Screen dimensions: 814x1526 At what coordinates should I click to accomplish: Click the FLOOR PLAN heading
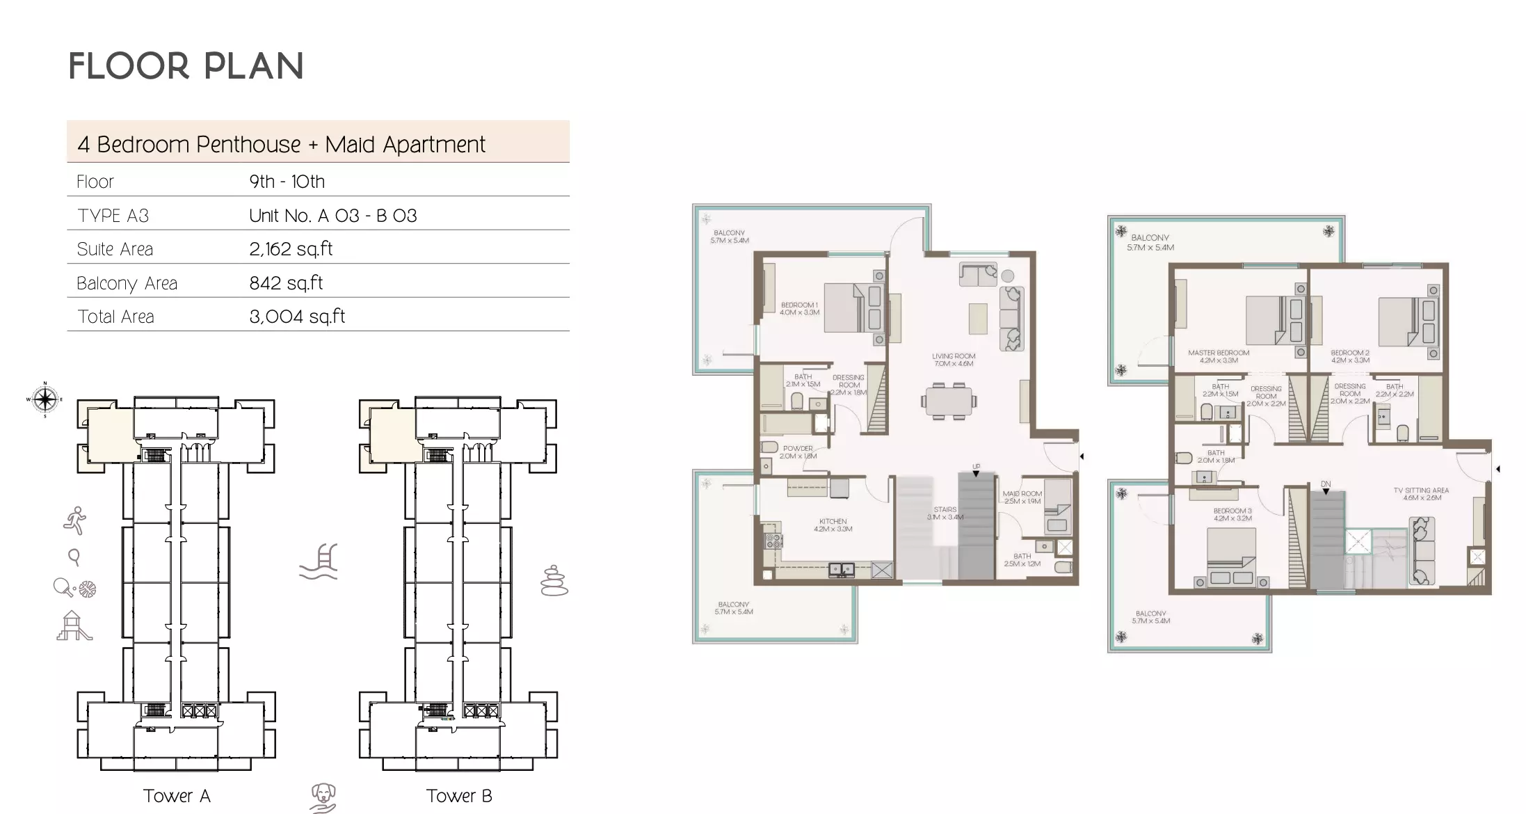click(186, 67)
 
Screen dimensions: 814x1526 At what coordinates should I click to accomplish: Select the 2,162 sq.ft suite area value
click(291, 249)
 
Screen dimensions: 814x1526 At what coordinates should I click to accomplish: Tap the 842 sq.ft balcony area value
click(286, 283)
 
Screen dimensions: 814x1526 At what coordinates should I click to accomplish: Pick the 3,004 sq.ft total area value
click(297, 317)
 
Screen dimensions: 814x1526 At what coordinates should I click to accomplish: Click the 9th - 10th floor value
click(287, 182)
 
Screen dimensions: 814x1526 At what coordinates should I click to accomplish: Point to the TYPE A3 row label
click(113, 216)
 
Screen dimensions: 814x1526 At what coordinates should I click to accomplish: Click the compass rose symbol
click(45, 399)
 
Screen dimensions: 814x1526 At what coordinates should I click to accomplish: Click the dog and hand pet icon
click(323, 797)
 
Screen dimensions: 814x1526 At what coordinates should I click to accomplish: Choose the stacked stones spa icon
click(554, 580)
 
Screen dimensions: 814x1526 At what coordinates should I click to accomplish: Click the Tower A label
click(177, 796)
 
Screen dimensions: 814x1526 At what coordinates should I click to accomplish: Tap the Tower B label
click(459, 796)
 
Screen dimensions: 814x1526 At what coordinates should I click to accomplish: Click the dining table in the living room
click(949, 401)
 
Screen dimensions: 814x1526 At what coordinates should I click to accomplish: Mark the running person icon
click(74, 520)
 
